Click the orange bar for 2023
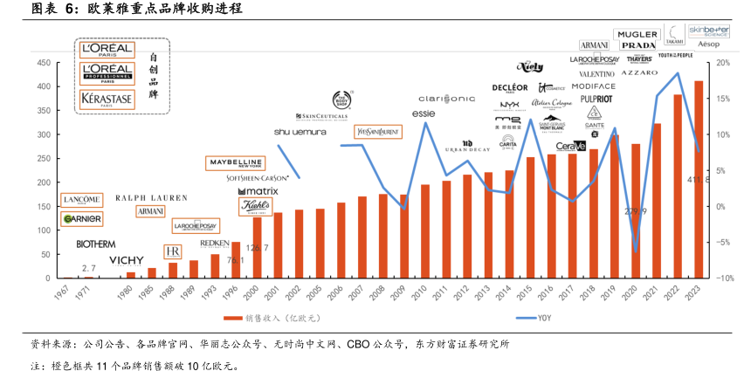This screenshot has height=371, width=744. click(x=698, y=180)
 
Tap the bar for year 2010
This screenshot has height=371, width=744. click(x=425, y=231)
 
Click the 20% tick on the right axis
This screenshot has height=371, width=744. click(x=723, y=63)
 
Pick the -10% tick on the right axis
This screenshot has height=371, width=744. click(x=723, y=278)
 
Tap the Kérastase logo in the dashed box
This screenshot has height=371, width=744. click(x=107, y=99)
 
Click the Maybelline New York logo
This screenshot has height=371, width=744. click(x=234, y=162)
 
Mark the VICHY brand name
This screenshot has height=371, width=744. click(x=126, y=260)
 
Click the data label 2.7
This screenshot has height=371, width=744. click(x=88, y=268)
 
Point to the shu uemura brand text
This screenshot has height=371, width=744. click(x=300, y=132)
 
